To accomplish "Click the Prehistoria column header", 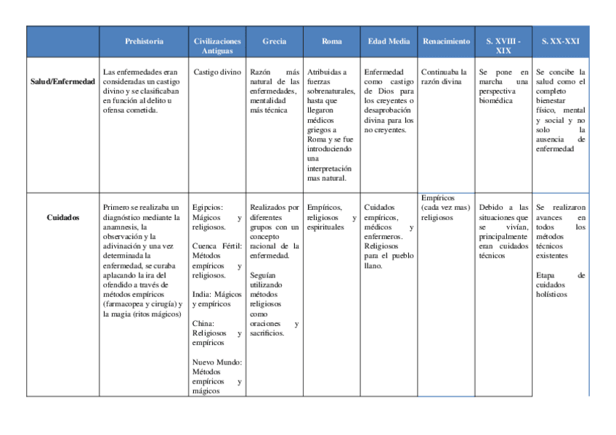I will click(x=144, y=41).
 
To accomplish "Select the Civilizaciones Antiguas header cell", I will click(x=217, y=46).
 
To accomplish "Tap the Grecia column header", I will click(x=275, y=41).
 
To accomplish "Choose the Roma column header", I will click(x=331, y=41).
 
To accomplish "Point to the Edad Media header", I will click(x=389, y=41).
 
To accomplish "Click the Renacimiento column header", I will click(x=446, y=41).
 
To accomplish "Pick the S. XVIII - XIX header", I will click(x=503, y=46).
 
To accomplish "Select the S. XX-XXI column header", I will click(x=560, y=41).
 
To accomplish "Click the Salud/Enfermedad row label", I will click(x=62, y=81).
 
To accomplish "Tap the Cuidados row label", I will click(x=62, y=217).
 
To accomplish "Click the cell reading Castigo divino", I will click(x=217, y=72).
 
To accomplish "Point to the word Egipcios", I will click(x=207, y=207).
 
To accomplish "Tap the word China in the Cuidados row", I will click(x=203, y=323).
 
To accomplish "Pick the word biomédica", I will click(x=496, y=100).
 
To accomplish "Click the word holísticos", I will click(x=551, y=294).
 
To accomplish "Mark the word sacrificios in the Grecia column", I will click(x=267, y=333).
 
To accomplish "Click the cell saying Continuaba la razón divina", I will click(x=444, y=76).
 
